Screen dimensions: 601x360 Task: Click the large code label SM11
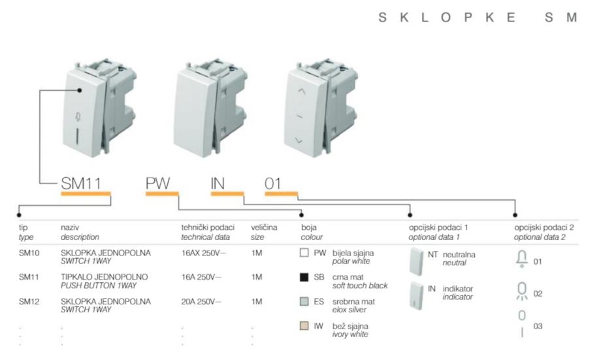(x=81, y=183)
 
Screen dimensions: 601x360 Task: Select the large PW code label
(x=157, y=183)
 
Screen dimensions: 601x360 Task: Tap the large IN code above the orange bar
(x=218, y=183)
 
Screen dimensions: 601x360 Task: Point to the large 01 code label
(x=273, y=184)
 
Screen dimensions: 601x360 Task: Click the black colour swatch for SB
(x=304, y=277)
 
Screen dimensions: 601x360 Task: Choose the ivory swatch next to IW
(x=304, y=326)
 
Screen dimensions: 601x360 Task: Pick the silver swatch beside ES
(x=304, y=301)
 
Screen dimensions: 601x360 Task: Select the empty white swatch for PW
(x=304, y=253)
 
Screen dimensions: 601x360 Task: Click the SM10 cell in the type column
(x=29, y=253)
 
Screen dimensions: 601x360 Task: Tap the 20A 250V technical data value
(x=201, y=302)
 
